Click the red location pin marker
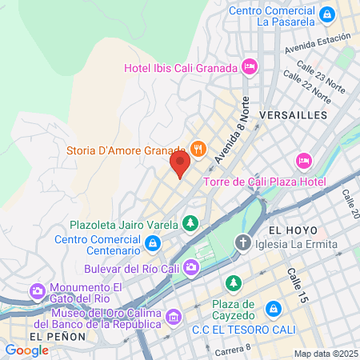180,166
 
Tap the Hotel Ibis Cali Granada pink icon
249,65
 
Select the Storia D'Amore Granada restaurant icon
196,149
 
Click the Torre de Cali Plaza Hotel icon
304,161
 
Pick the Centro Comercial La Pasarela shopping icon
326,14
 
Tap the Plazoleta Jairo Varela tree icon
190,223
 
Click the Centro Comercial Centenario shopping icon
153,242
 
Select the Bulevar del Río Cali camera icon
191,266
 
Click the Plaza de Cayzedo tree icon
233,283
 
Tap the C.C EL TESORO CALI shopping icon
274,308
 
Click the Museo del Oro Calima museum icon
172,318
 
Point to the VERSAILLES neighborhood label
294,115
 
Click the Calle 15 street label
296,286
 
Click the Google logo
26,350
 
